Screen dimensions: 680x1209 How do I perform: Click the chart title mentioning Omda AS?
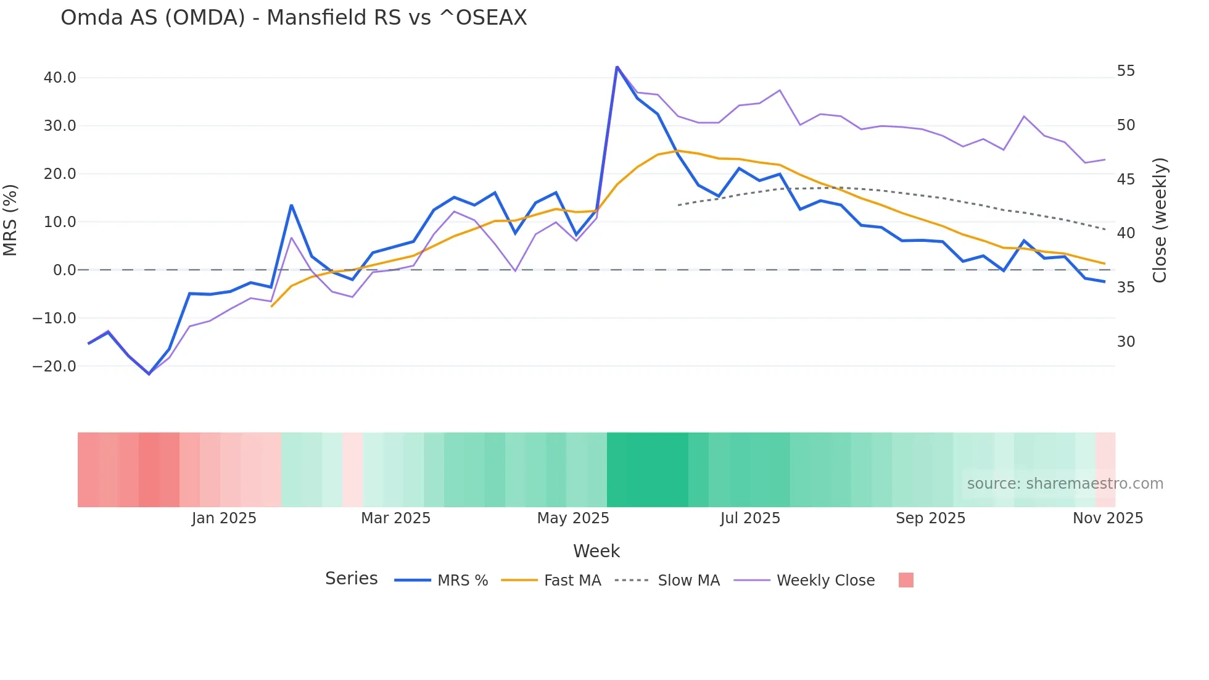(294, 18)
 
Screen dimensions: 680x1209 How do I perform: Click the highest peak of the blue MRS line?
(617, 67)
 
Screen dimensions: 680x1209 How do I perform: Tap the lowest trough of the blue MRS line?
(149, 374)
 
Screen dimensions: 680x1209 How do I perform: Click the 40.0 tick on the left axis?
(60, 78)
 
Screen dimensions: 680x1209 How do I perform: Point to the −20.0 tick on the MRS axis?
(54, 367)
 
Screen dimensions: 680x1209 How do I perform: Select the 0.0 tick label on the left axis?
(64, 270)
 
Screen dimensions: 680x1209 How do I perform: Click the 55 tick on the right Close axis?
(1126, 71)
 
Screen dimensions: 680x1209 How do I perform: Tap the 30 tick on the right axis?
(1126, 342)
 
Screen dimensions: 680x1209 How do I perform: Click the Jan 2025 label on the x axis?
(224, 518)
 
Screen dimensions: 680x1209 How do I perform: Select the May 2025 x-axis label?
(573, 518)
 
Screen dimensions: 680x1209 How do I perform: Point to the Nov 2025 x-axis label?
(1108, 518)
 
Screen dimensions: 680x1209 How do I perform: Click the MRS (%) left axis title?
(10, 220)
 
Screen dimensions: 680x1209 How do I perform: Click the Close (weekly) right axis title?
(1160, 220)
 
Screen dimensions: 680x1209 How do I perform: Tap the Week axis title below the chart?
(596, 551)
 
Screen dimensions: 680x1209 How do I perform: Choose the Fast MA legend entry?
(572, 581)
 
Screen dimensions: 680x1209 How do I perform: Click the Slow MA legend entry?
(688, 581)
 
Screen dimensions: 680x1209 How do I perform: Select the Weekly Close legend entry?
(825, 581)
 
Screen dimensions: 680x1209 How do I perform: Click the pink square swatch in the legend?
(906, 580)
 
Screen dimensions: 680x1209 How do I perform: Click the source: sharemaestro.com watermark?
(1065, 484)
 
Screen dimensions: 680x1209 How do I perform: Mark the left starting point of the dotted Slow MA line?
(679, 205)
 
